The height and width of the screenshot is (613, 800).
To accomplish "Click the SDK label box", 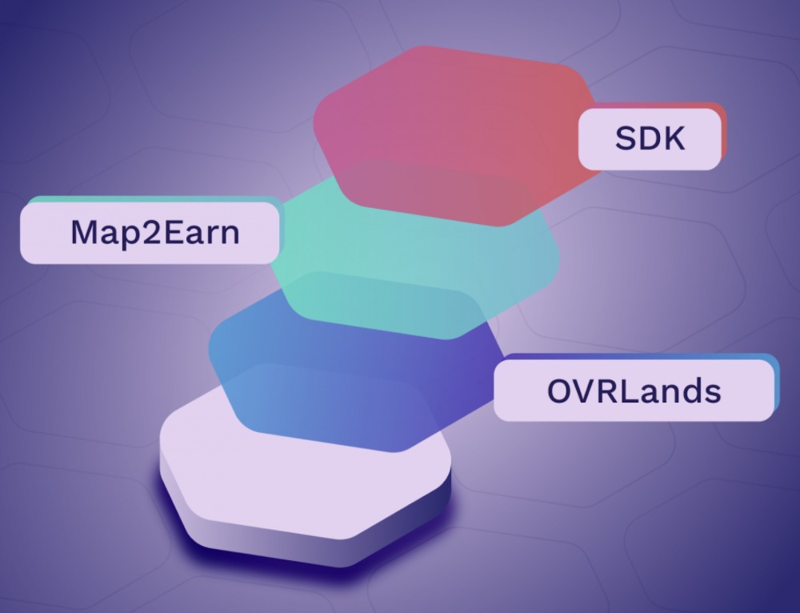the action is pyautogui.click(x=650, y=138).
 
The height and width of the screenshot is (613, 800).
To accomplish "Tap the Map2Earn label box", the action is pyautogui.click(x=150, y=233).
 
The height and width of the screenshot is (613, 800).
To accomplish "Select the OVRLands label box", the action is pyautogui.click(x=634, y=391).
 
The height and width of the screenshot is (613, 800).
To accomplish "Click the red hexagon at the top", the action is pyautogui.click(x=457, y=135).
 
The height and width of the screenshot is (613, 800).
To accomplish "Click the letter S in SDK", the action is pyautogui.click(x=626, y=138).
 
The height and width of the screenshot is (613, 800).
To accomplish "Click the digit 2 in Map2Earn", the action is pyautogui.click(x=151, y=232).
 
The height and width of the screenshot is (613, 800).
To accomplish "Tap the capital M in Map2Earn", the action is pyautogui.click(x=83, y=232).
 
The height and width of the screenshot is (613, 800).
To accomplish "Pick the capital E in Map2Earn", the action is pyautogui.click(x=174, y=232).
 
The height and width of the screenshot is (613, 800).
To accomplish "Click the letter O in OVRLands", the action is pyautogui.click(x=560, y=391).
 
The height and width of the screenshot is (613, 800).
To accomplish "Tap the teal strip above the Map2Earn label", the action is pyautogui.click(x=153, y=199).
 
